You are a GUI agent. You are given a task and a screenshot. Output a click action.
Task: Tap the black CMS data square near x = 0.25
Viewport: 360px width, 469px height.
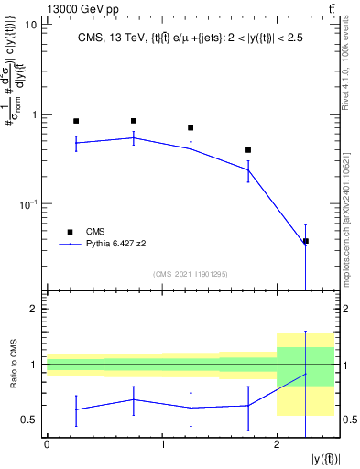click(76, 121)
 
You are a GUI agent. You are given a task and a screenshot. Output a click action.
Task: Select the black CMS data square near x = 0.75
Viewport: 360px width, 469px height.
click(134, 121)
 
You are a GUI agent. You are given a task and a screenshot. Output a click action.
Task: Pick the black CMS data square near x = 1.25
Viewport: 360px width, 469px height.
click(191, 128)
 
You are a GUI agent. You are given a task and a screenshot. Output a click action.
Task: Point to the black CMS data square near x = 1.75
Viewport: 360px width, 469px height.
click(248, 150)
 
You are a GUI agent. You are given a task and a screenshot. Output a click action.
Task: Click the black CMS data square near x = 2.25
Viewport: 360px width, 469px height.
click(306, 241)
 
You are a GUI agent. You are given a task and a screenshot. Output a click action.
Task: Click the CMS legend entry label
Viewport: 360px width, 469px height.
click(96, 232)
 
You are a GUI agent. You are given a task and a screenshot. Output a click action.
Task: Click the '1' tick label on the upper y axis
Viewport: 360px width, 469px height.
click(34, 115)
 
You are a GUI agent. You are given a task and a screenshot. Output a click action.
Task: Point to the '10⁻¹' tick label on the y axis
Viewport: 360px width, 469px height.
click(28, 203)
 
